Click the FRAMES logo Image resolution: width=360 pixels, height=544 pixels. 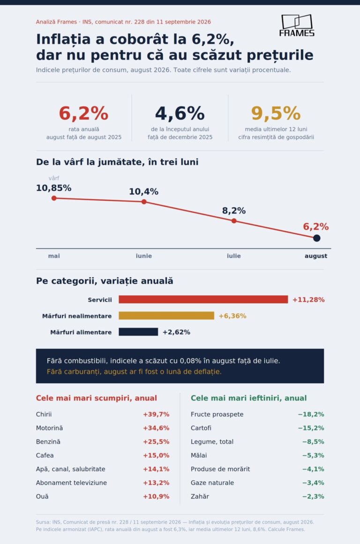(297, 25)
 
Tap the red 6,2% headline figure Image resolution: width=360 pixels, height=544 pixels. (83, 113)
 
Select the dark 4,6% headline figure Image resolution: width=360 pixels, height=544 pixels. (180, 113)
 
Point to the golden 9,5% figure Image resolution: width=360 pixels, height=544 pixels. (276, 113)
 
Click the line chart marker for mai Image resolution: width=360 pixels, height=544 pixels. (54, 198)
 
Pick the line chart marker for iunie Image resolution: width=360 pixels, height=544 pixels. (144, 202)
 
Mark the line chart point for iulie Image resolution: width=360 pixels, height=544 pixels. (234, 221)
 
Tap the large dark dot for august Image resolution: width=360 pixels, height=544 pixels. (316, 238)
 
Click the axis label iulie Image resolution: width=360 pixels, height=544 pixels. (234, 256)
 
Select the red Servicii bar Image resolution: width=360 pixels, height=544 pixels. (203, 299)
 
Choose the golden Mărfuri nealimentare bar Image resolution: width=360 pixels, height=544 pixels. (166, 316)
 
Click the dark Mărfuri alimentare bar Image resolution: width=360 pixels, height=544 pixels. (138, 332)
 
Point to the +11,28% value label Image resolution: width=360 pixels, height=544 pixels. (308, 300)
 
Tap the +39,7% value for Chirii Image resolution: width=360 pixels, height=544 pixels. (156, 414)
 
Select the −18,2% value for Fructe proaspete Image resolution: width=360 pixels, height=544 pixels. (311, 414)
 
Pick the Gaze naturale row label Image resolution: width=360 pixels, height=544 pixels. (212, 483)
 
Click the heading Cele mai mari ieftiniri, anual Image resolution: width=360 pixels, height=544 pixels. (248, 398)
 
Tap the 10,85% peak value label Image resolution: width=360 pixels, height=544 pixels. (54, 188)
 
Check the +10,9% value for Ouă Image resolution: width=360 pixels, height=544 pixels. (156, 497)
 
